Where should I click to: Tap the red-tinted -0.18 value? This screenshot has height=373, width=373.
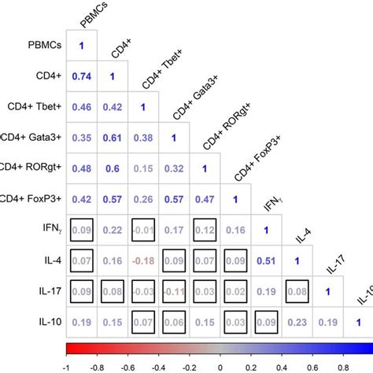(142, 260)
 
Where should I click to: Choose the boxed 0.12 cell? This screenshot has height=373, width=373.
(204, 229)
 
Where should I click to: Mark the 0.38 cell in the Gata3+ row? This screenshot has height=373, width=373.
(142, 137)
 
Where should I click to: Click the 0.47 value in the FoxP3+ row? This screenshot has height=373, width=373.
(204, 198)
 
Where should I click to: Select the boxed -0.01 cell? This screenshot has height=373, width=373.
(142, 229)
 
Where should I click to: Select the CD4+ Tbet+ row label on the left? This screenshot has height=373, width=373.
(31, 106)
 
